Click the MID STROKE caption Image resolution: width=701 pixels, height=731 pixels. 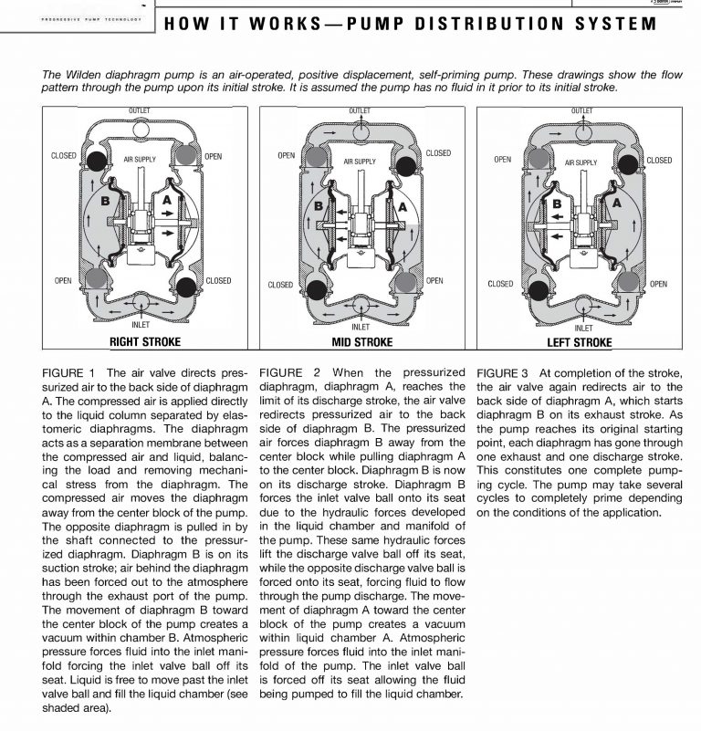point(361,342)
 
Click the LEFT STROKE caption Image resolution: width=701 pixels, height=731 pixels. point(580,342)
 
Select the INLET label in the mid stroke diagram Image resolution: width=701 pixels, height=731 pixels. point(361,326)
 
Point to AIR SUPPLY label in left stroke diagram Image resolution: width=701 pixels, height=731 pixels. point(581,162)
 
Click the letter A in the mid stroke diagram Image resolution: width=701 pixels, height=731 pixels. point(401,207)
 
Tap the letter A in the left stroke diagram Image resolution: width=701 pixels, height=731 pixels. point(616,203)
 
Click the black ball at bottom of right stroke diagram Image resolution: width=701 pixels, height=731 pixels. point(188,287)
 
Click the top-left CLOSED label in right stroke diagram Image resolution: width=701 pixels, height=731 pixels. point(64,156)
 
